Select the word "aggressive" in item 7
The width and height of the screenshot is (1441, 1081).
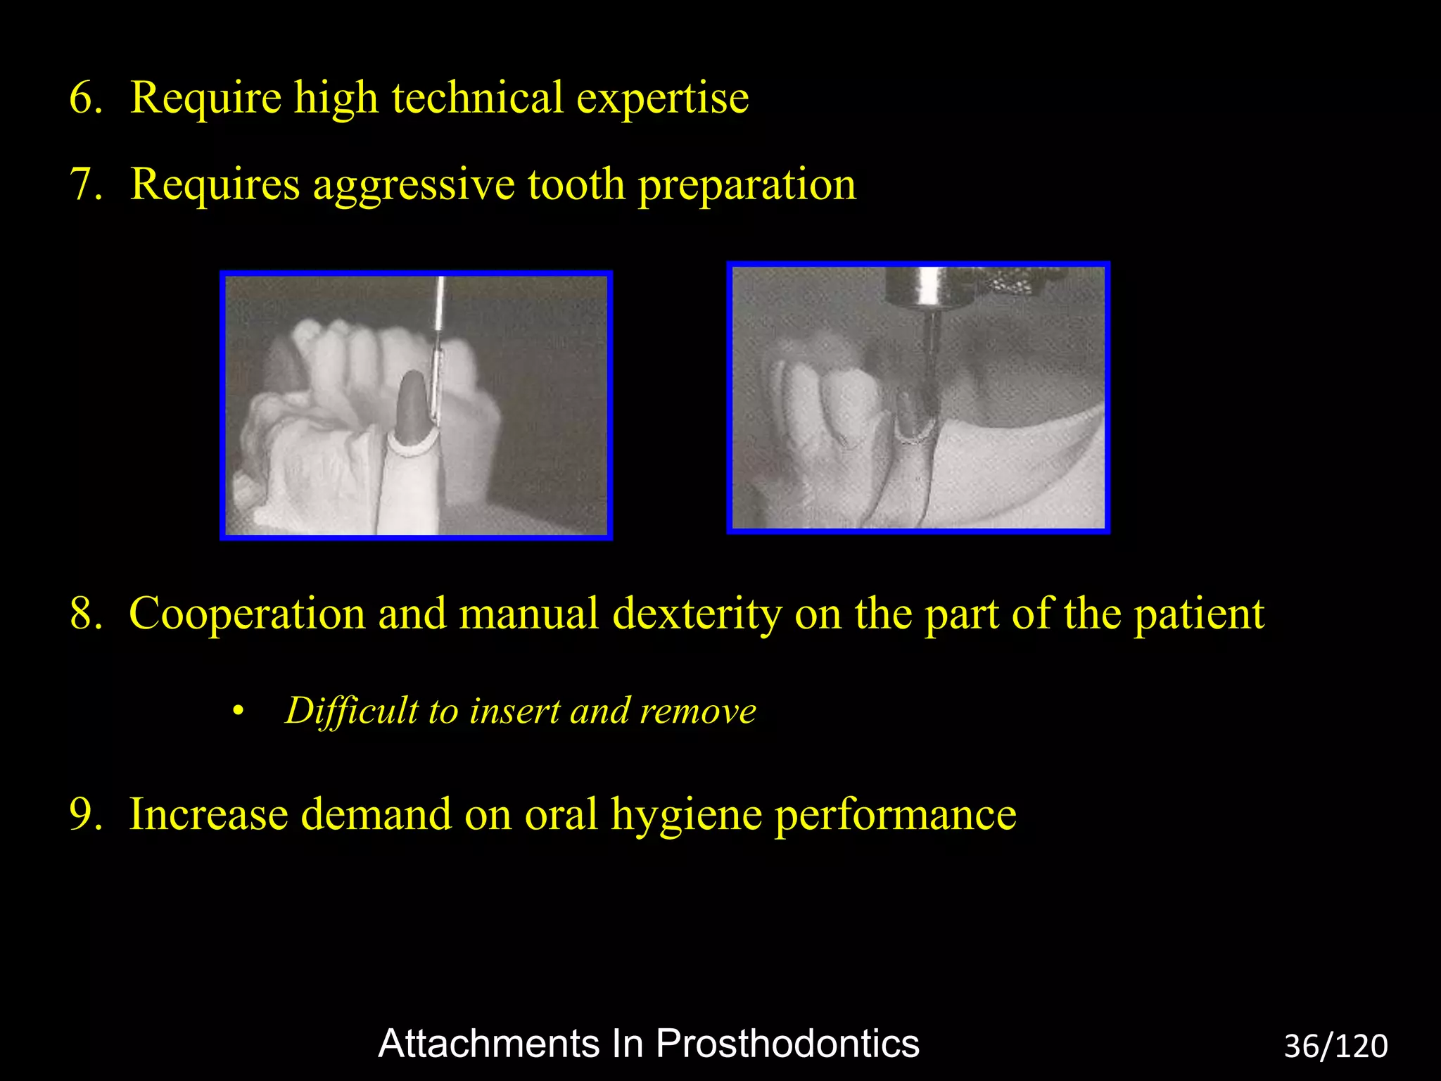[x=414, y=186]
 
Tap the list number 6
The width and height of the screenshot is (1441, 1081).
[x=86, y=99]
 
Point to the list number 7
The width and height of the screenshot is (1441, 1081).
[x=86, y=186]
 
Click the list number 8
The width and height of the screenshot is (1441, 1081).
[x=86, y=614]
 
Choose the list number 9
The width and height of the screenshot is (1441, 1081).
[x=86, y=815]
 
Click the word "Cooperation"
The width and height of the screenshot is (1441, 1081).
[x=247, y=614]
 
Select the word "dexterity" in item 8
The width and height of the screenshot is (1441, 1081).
[x=697, y=614]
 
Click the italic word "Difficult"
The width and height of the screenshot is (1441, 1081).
[x=351, y=711]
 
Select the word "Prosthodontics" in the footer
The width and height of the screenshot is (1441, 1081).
[x=787, y=1044]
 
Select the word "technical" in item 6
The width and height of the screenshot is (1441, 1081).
[x=478, y=99]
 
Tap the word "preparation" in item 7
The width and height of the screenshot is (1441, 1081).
[x=747, y=186]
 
